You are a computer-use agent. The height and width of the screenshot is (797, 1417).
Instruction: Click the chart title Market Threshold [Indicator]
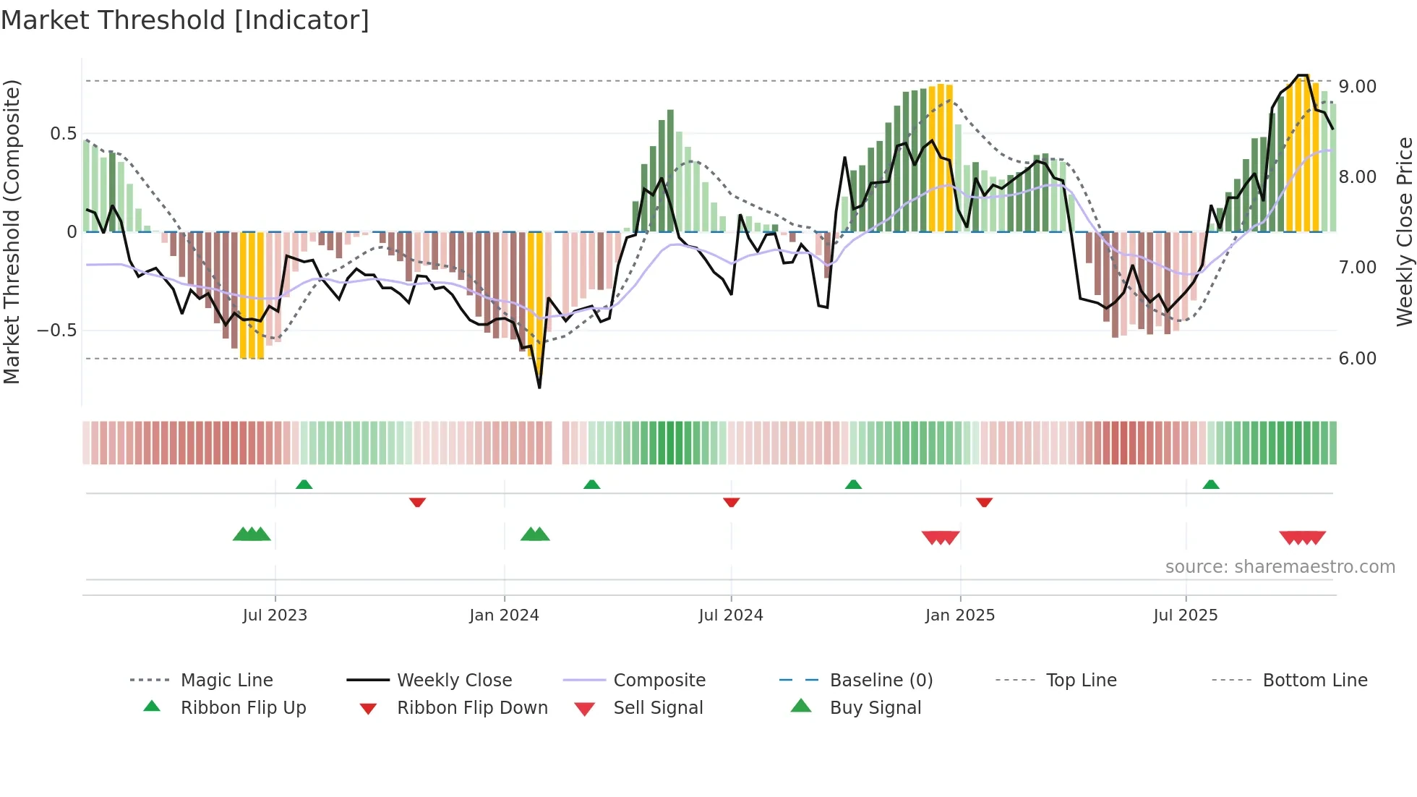(x=185, y=20)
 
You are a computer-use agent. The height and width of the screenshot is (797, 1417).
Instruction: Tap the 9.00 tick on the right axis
(x=1357, y=87)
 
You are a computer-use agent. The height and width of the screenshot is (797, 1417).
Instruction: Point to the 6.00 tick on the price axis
(x=1357, y=359)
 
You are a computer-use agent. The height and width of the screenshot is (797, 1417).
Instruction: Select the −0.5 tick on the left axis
(x=56, y=331)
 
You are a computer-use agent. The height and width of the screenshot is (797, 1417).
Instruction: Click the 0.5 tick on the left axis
(x=63, y=134)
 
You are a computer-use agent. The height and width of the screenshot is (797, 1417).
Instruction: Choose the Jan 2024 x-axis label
(x=504, y=615)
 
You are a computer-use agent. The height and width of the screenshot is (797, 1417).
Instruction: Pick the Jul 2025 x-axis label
(x=1185, y=615)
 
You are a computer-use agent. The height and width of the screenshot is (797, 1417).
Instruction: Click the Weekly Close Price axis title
(x=1404, y=231)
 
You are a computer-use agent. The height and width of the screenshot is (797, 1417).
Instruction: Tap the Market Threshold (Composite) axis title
(x=12, y=231)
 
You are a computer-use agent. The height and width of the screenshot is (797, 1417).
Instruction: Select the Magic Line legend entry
(x=226, y=681)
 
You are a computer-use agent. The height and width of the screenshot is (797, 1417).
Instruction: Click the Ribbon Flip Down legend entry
(x=471, y=708)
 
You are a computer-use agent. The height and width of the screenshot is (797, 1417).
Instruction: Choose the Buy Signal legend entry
(x=875, y=708)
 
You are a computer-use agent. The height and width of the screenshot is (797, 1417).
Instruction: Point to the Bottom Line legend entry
(x=1314, y=681)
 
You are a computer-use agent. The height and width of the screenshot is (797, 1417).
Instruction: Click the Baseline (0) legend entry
(x=881, y=681)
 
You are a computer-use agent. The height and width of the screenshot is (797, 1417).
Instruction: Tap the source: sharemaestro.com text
(x=1280, y=567)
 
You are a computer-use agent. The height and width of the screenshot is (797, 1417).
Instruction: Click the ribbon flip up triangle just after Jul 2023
(x=304, y=485)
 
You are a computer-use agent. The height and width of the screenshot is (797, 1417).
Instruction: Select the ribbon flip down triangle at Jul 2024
(x=731, y=502)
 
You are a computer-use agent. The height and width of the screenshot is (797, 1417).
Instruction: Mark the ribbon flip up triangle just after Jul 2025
(x=1210, y=485)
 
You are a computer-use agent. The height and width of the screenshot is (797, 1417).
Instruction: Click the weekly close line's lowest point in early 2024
(x=539, y=387)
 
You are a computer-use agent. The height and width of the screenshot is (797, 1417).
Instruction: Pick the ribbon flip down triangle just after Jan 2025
(x=984, y=502)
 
